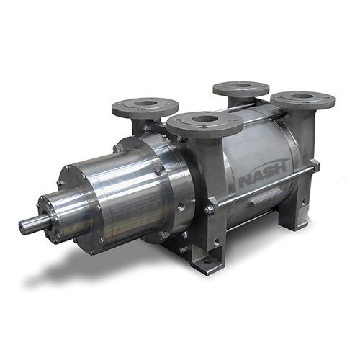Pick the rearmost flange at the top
[241, 87]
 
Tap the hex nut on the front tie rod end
[209, 210]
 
